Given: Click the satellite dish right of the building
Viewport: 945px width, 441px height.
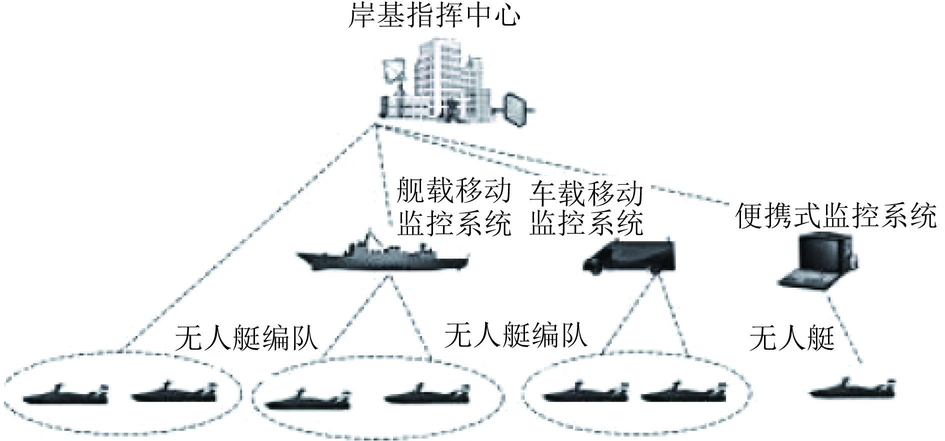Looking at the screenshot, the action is point(514,108).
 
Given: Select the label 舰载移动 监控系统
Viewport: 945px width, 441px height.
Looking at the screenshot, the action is point(454,207).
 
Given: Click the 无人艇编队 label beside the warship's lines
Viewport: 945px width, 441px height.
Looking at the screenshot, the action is point(246,339).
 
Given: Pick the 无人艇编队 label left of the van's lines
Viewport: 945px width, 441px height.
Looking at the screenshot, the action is point(515,335).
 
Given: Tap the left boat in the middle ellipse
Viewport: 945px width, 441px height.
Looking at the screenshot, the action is point(307,398).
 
